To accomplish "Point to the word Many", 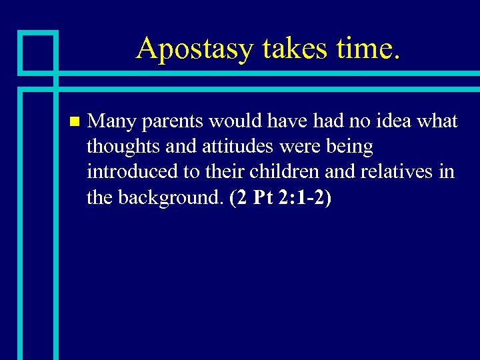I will pyautogui.click(x=111, y=122).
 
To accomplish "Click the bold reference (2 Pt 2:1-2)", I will pyautogui.click(x=280, y=197).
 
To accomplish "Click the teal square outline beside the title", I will pyautogui.click(x=37, y=51).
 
